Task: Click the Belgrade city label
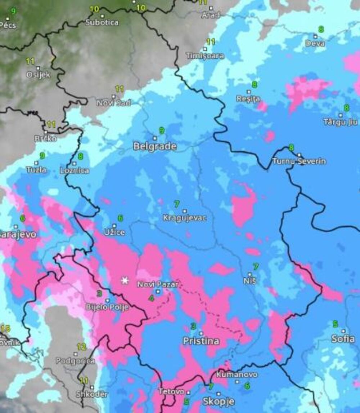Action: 155,147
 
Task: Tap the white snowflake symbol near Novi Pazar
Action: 125,280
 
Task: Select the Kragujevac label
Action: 185,218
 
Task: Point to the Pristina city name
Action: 201,341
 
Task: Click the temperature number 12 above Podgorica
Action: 81,347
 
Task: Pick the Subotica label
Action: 102,22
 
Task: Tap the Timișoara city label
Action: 205,56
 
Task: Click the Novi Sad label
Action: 114,103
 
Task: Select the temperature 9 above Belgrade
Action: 162,131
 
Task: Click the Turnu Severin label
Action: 299,161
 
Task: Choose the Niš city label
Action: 250,280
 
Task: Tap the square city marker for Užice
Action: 115,226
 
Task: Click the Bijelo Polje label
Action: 107,307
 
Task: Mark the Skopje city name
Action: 219,401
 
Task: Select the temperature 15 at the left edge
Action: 5,328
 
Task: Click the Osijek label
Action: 38,75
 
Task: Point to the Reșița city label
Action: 248,98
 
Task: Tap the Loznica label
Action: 75,170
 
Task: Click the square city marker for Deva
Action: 315,36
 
